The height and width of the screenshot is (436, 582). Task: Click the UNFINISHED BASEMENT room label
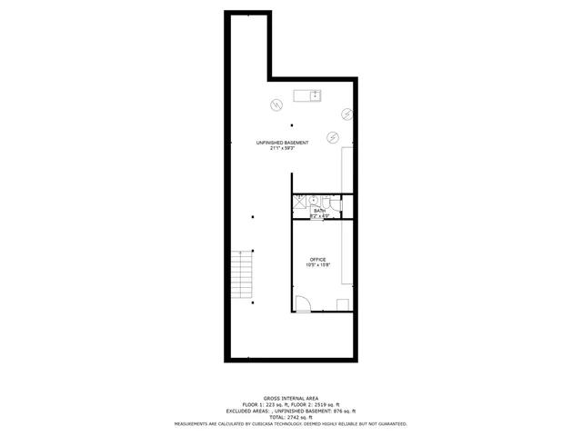click(x=282, y=143)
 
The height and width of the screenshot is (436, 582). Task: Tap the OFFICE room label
click(x=317, y=259)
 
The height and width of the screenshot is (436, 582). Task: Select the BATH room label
click(x=318, y=210)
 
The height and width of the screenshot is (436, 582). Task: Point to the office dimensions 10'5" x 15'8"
click(x=317, y=264)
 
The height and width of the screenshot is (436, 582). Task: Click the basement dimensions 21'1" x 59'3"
click(x=282, y=148)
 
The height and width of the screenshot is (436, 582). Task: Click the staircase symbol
click(x=241, y=274)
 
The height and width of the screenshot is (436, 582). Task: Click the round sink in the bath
click(x=313, y=199)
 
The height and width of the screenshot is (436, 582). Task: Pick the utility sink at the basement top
click(x=307, y=95)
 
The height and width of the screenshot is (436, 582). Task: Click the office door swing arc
click(x=304, y=304)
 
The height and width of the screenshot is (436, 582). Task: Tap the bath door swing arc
click(x=334, y=213)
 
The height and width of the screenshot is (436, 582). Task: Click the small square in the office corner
click(x=343, y=304)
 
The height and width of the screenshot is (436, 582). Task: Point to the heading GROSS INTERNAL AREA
click(x=290, y=398)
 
